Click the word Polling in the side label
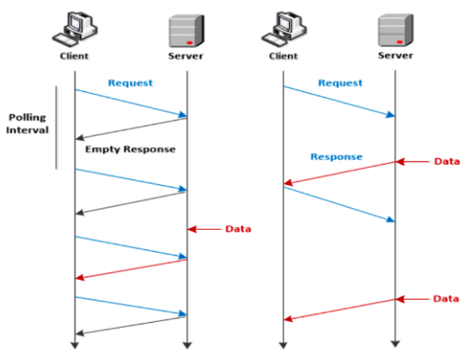[28, 117]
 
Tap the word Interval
[28, 131]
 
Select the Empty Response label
[130, 149]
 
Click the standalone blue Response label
[336, 156]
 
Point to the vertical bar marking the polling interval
[57, 127]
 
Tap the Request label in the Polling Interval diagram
[130, 84]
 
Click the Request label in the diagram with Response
[340, 83]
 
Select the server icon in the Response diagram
[393, 30]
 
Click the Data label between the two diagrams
[238, 229]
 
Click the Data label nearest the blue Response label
[447, 161]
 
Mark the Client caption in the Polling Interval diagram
[74, 56]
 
